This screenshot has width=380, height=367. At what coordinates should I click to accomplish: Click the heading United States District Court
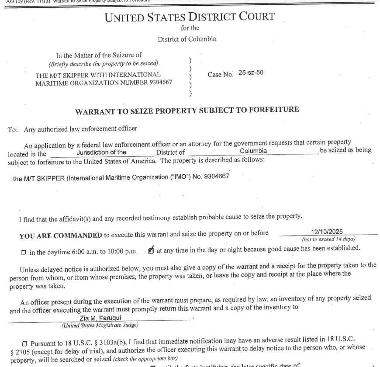(190, 17)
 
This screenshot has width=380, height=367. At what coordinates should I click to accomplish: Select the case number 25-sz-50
(251, 73)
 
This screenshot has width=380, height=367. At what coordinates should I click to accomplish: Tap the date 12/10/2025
(327, 232)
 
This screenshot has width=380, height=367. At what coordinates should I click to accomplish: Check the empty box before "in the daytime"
(24, 253)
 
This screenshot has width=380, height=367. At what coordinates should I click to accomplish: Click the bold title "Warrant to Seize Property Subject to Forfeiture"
(187, 111)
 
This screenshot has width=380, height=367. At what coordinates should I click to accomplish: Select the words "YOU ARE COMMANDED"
(61, 235)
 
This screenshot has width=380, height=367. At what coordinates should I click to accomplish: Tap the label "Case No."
(220, 74)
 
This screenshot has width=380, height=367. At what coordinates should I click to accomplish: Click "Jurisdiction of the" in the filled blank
(101, 152)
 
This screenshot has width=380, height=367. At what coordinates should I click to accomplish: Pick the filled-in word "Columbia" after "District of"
(253, 151)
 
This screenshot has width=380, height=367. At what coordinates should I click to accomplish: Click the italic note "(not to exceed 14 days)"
(328, 239)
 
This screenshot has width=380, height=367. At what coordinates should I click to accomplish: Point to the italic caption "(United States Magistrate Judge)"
(100, 325)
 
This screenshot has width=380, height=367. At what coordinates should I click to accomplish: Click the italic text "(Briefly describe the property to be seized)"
(104, 63)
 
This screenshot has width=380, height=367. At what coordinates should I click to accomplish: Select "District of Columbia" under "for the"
(187, 39)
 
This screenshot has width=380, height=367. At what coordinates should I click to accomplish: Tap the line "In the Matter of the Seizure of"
(99, 55)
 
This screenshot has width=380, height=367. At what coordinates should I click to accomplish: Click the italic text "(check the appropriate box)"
(145, 359)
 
